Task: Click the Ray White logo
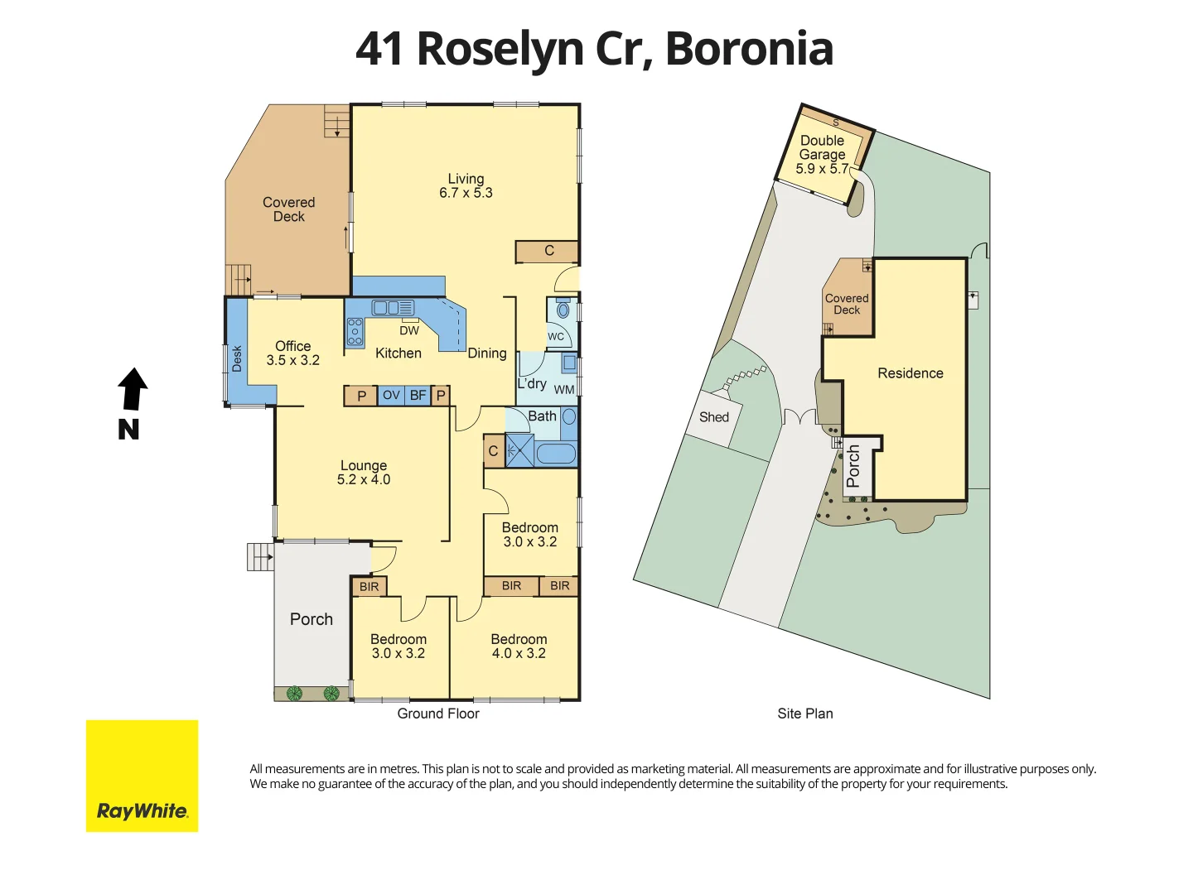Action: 142,776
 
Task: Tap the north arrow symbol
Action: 132,390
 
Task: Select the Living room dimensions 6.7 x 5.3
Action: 466,193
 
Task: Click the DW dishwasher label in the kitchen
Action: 409,330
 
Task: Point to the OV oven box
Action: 391,396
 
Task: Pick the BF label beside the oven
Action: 418,396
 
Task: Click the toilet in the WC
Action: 563,310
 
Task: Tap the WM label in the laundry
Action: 564,390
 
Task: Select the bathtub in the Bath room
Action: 555,454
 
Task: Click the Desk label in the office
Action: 237,358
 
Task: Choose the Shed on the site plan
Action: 714,417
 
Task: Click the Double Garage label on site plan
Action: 822,147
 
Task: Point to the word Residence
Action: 910,373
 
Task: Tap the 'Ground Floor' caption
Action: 438,714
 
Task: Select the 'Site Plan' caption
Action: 805,714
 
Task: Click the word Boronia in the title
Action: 749,49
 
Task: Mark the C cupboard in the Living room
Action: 548,251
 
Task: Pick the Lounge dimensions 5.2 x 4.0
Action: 364,480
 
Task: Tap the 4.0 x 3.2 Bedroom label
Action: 519,654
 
